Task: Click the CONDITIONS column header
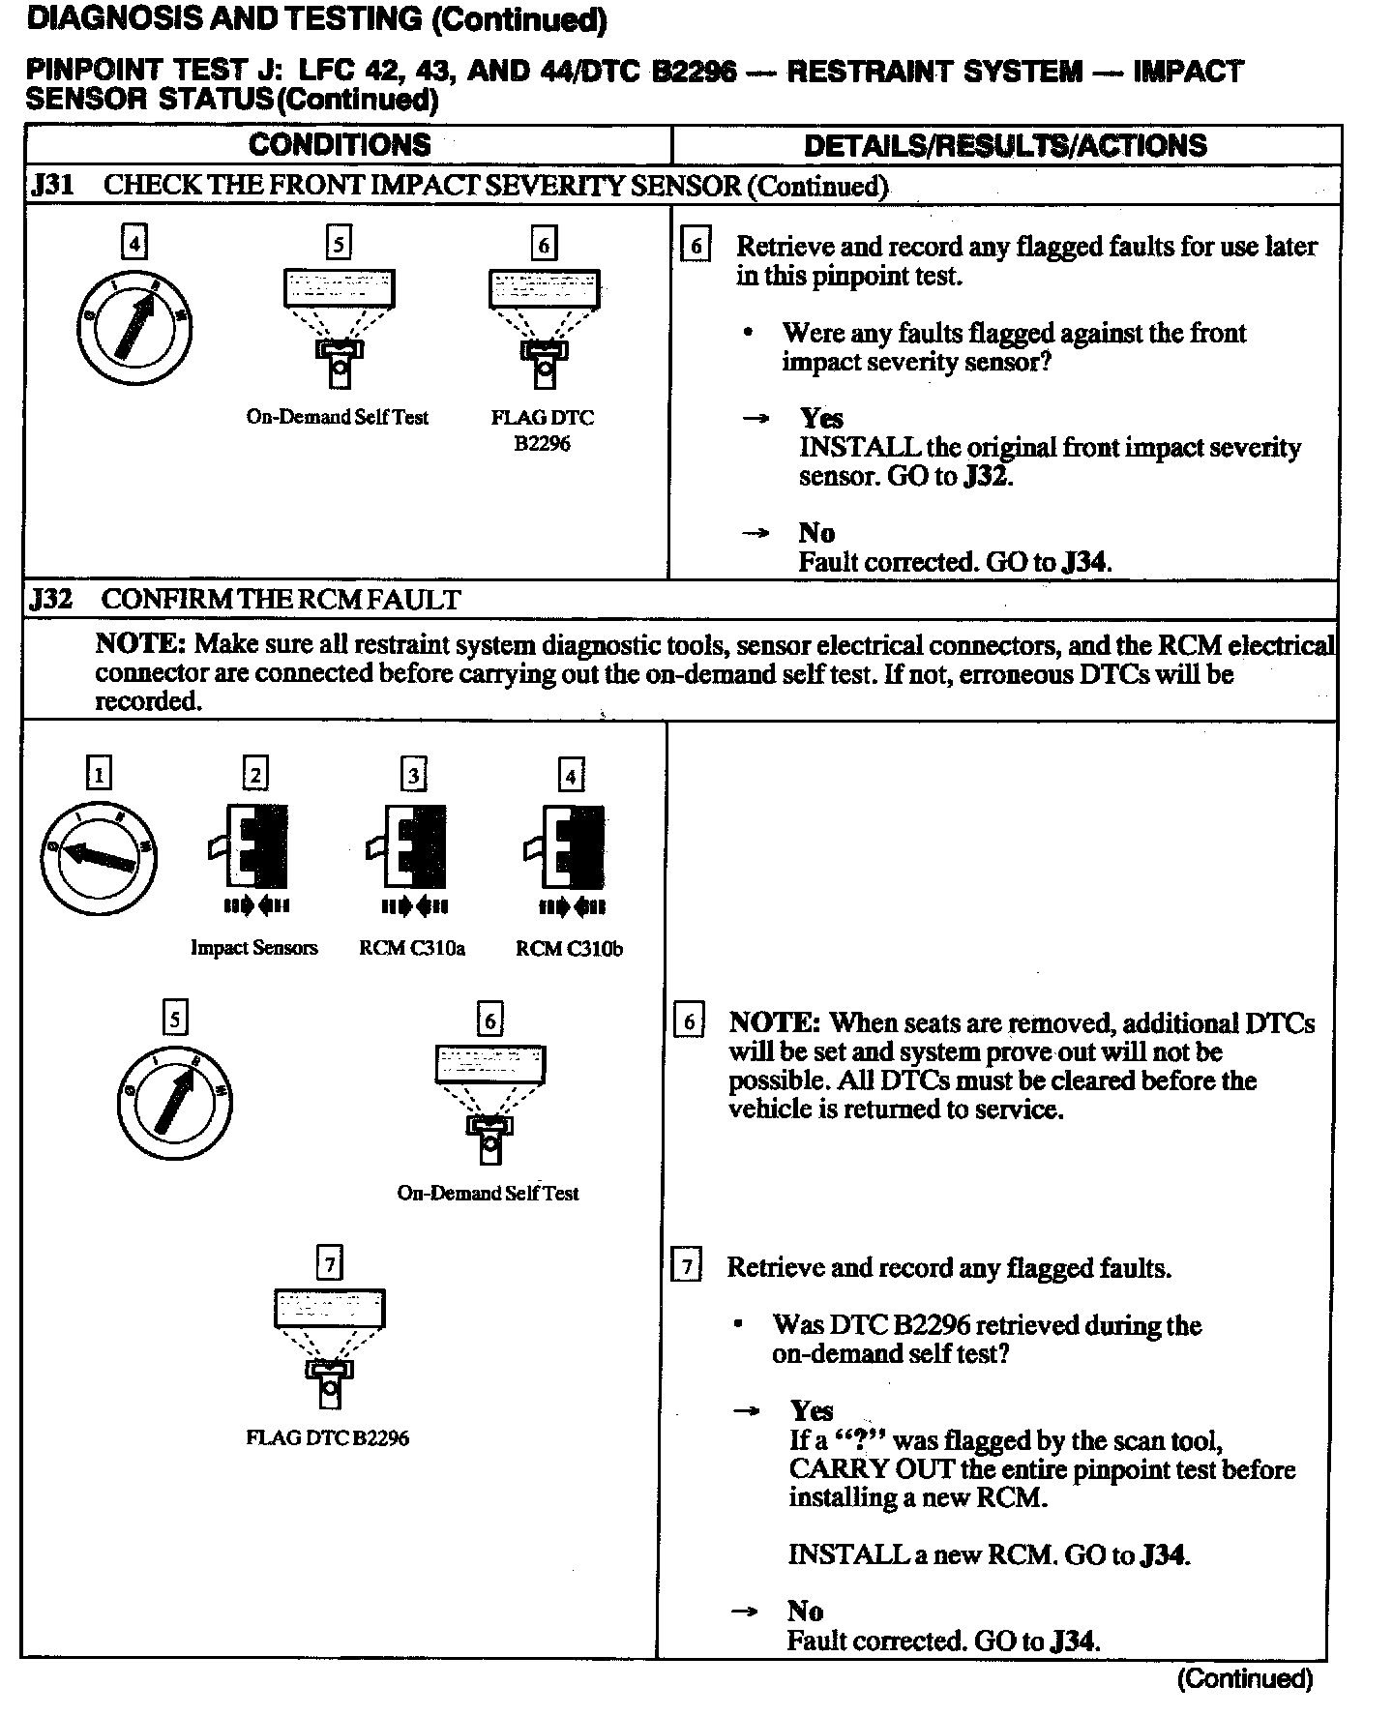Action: tap(340, 145)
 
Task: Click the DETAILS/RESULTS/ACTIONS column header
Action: tap(1005, 146)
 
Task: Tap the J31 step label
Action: tap(51, 185)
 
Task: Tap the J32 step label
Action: tap(51, 599)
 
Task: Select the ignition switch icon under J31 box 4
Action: tap(134, 328)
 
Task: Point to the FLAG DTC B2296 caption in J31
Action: tap(543, 430)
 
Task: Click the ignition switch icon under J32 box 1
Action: tap(98, 857)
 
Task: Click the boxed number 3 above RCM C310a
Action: tap(413, 775)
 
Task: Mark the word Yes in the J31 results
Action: tap(821, 418)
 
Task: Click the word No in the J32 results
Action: tap(805, 1611)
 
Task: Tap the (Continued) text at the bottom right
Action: tap(1244, 1679)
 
